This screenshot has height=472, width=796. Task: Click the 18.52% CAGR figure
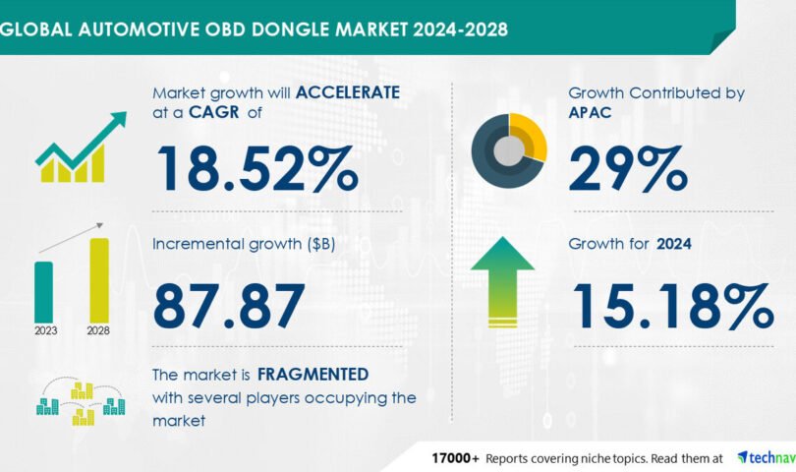pos(257,169)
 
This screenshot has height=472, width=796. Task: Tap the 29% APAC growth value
pos(628,169)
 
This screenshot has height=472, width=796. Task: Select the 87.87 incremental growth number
pos(229,306)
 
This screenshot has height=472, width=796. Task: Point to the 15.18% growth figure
pos(674,306)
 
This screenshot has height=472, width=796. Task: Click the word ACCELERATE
pos(348,92)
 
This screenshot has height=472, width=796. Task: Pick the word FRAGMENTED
pos(313,375)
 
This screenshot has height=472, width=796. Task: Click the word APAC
pos(590,112)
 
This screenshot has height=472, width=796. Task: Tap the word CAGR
pos(213,112)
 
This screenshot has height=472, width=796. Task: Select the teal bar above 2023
pos(43,292)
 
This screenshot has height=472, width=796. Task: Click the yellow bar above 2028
pos(99,280)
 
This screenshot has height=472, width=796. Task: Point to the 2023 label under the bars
pos(45,330)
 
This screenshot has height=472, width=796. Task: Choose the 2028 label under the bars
pos(98,330)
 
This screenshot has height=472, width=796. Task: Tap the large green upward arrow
pos(502,282)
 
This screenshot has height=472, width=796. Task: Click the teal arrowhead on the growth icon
pos(118,119)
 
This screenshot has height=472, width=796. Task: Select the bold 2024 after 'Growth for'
pos(674,244)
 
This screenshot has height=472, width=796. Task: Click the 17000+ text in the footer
pos(455,458)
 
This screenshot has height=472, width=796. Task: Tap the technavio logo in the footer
pos(767,458)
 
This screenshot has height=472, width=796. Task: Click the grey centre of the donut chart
pos(509,150)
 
